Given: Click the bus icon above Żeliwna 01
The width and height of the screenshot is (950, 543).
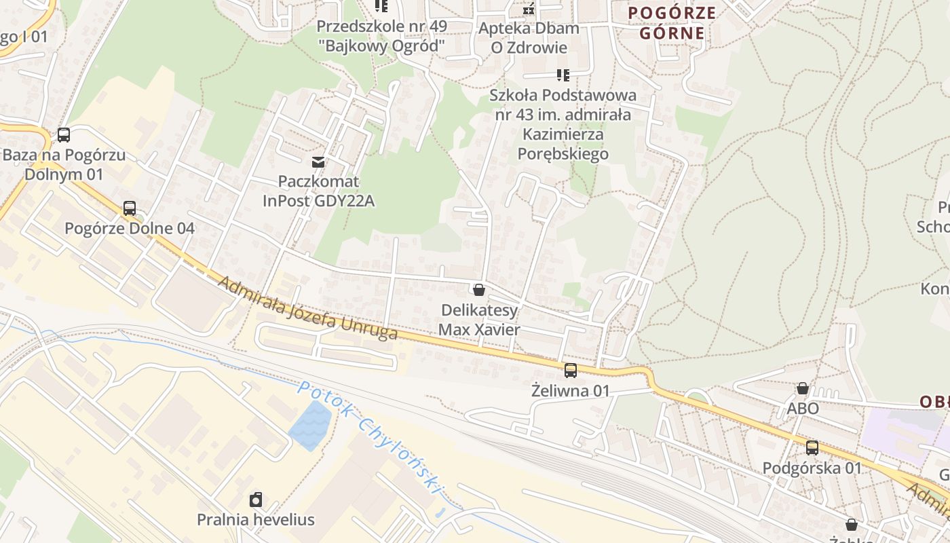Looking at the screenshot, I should [571, 371].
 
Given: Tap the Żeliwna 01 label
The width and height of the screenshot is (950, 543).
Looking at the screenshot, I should [571, 391].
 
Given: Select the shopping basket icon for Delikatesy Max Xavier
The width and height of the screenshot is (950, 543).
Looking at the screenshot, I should [479, 291].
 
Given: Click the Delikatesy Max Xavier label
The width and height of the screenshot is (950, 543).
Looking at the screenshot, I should [479, 320].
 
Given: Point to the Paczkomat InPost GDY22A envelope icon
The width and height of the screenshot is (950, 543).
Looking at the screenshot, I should [318, 162].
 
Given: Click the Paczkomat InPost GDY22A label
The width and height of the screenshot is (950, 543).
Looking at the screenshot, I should [318, 191].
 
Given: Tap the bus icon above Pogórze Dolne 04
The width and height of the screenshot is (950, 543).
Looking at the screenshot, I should [130, 208].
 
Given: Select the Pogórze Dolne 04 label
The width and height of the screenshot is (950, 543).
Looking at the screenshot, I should [130, 228].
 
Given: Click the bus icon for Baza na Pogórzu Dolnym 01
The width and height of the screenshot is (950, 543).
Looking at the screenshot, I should [64, 135].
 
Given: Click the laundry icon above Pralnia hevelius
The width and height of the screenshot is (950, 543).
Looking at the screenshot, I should [256, 500].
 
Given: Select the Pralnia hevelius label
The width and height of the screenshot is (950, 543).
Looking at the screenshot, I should [256, 520].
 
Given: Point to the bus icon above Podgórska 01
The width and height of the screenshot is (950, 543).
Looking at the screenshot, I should [812, 448].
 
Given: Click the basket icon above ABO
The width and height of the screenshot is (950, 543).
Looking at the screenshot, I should [803, 389].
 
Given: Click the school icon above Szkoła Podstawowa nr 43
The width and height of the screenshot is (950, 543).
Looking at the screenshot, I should [563, 75].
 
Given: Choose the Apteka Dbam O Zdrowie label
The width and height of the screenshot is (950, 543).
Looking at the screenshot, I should [529, 38].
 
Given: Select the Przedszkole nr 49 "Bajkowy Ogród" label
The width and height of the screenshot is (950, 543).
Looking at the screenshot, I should [382, 37].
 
